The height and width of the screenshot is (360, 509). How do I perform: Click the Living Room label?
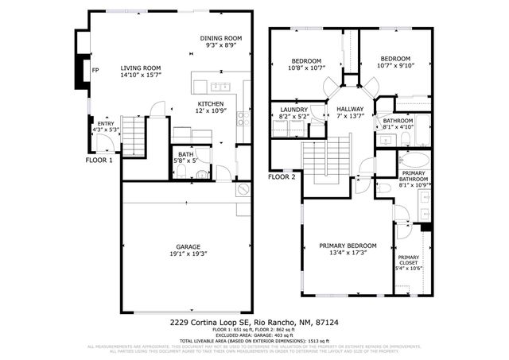[x=141, y=68]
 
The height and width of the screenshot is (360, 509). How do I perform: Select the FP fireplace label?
[x=96, y=69]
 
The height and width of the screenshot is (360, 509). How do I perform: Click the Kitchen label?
[x=211, y=104]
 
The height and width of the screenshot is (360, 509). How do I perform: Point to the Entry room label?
[x=105, y=124]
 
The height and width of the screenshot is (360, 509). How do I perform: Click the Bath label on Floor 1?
[x=185, y=155]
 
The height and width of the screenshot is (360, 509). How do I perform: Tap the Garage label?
[x=188, y=246]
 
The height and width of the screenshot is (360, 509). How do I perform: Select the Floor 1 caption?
[x=99, y=160]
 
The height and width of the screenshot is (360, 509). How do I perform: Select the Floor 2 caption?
[x=282, y=176]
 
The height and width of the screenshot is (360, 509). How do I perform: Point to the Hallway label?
[x=350, y=110]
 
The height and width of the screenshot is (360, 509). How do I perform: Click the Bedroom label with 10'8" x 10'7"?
[x=306, y=61]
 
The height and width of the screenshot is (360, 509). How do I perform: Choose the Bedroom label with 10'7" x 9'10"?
[x=394, y=59]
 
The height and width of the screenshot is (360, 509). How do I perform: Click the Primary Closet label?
[x=408, y=257]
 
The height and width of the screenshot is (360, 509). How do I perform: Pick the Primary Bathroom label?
[x=414, y=173]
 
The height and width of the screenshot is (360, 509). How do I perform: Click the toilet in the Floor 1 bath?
[x=202, y=173]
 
